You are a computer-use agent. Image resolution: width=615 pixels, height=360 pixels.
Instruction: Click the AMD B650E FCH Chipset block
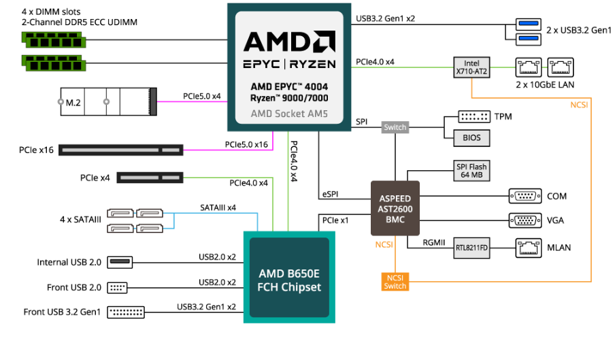pyautogui.click(x=290, y=279)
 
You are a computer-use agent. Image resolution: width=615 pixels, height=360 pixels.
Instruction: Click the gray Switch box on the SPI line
pyautogui.click(x=395, y=127)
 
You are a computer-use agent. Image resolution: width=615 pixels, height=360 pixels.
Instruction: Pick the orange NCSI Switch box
pyautogui.click(x=395, y=281)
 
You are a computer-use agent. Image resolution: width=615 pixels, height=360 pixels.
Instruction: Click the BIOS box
pyautogui.click(x=471, y=137)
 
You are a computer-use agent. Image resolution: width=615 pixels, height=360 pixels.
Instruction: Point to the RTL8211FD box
pyautogui.click(x=471, y=248)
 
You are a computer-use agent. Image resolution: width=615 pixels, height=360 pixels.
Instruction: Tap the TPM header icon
pyautogui.click(x=473, y=116)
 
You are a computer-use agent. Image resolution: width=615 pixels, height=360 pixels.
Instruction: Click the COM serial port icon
pyautogui.click(x=525, y=196)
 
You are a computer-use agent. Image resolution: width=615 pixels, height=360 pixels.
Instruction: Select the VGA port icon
pyautogui.click(x=525, y=220)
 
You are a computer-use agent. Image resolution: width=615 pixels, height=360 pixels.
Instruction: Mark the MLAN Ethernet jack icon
pyautogui.click(x=529, y=246)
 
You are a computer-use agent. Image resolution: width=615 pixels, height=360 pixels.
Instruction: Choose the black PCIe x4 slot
pyautogui.click(x=150, y=178)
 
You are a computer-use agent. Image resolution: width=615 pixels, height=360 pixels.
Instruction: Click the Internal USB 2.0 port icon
pyautogui.click(x=120, y=262)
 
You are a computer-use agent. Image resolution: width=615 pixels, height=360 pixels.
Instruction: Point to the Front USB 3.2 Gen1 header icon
pyautogui.click(x=127, y=312)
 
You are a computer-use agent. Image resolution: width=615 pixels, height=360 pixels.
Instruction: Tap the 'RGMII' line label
pyautogui.click(x=433, y=241)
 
